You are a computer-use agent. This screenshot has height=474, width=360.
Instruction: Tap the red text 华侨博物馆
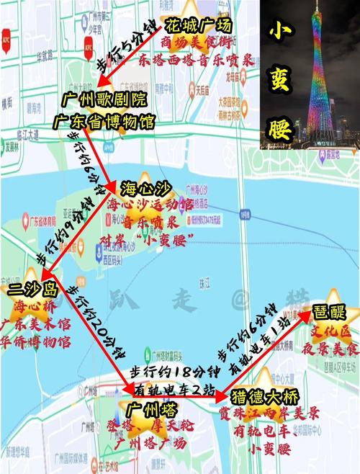(x=36, y=340)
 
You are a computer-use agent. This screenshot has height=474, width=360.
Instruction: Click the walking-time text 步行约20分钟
(x=96, y=321)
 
